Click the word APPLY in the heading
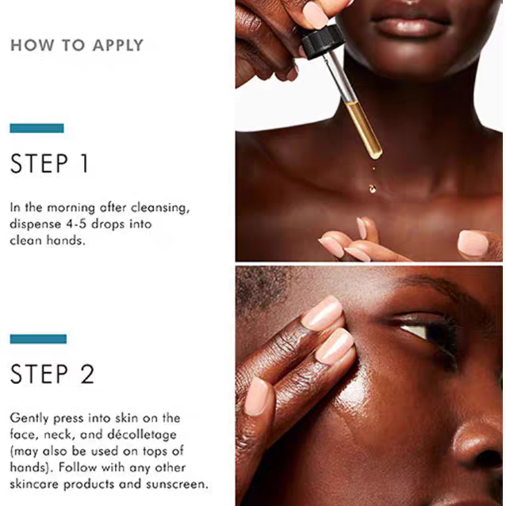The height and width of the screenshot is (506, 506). pyautogui.click(x=118, y=45)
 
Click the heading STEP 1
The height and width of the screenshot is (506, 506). pyautogui.click(x=49, y=163)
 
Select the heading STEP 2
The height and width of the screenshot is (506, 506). pyautogui.click(x=52, y=374)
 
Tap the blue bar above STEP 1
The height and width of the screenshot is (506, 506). pyautogui.click(x=36, y=128)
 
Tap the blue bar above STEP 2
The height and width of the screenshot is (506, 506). pyautogui.click(x=38, y=339)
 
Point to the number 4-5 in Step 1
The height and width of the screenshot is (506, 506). pyautogui.click(x=76, y=224)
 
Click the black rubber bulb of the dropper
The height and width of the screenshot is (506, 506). pyautogui.click(x=321, y=42)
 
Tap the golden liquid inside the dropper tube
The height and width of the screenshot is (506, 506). pyautogui.click(x=364, y=130)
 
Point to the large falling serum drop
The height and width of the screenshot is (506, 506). pyautogui.click(x=373, y=189)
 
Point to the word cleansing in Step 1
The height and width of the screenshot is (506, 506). pyautogui.click(x=160, y=208)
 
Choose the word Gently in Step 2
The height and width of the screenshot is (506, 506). pyautogui.click(x=29, y=419)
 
